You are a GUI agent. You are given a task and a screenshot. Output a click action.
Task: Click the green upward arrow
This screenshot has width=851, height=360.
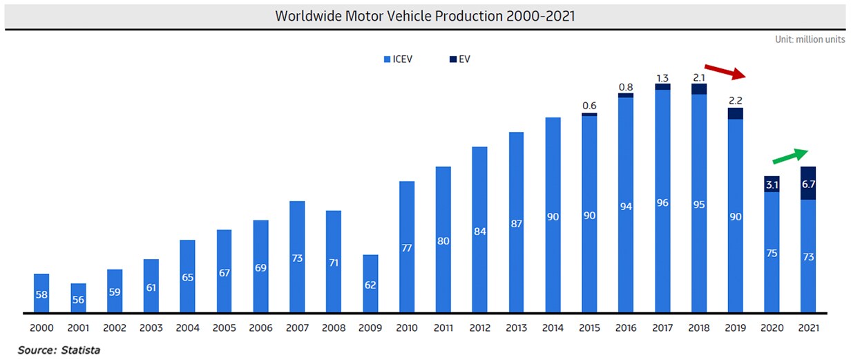tap(790, 156)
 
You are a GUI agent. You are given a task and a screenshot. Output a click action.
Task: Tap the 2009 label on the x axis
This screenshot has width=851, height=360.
tap(370, 328)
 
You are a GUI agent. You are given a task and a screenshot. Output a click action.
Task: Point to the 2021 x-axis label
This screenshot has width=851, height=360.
tap(807, 328)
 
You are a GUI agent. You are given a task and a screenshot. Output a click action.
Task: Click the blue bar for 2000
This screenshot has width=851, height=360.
tap(41, 294)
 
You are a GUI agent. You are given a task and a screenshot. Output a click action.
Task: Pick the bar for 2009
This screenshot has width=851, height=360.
tap(370, 283)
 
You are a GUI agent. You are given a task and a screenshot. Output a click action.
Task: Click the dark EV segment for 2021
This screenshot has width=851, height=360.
tap(807, 183)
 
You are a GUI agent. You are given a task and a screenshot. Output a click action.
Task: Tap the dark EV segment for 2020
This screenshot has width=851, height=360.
tap(772, 184)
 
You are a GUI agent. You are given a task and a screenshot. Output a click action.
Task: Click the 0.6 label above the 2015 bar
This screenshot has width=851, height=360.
tap(589, 106)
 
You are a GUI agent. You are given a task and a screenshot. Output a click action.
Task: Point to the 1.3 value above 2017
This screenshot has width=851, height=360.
tap(662, 77)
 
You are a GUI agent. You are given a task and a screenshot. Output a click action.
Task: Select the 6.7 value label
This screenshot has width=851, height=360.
tap(807, 184)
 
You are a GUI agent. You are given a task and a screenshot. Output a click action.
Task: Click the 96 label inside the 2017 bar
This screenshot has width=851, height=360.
tap(662, 202)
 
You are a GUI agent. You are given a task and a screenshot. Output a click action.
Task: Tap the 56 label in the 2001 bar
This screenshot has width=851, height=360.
tap(77, 299)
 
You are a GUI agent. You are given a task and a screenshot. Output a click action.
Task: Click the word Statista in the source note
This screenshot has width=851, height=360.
tap(82, 350)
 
